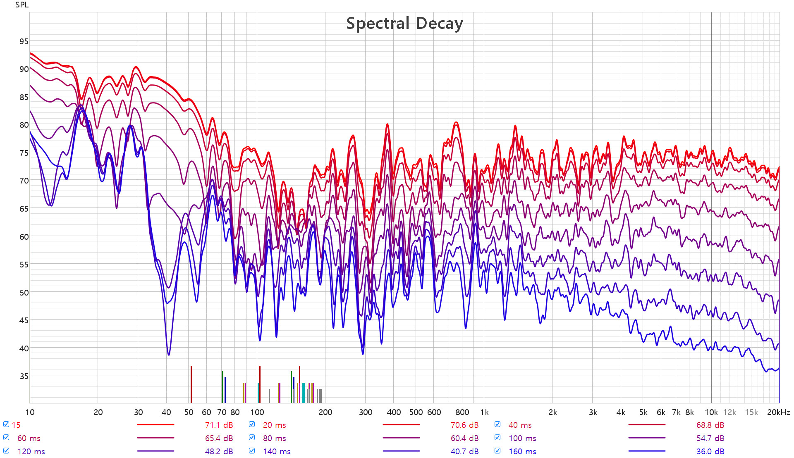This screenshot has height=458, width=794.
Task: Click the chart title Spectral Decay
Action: pyautogui.click(x=404, y=24)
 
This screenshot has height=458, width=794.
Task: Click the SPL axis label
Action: pyautogui.click(x=22, y=5)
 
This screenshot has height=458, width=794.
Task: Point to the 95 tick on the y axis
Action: pyautogui.click(x=24, y=41)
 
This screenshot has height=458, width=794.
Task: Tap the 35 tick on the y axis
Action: pyautogui.click(x=24, y=376)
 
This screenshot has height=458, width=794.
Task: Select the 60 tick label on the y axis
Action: pyautogui.click(x=24, y=237)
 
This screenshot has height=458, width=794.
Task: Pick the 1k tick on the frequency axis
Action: pyautogui.click(x=484, y=412)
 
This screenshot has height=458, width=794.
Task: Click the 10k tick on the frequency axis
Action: pyautogui.click(x=711, y=412)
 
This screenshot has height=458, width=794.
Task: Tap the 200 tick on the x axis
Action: pyautogui.click(x=325, y=412)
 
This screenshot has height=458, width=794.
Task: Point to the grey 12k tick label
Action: pyautogui.click(x=729, y=412)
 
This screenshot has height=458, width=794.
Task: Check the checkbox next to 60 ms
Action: pyautogui.click(x=6, y=438)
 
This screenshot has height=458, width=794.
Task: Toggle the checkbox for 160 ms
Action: pyautogui.click(x=497, y=451)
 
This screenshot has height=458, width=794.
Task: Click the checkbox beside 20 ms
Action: pyautogui.click(x=252, y=425)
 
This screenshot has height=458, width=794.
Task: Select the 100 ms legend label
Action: pyautogui.click(x=522, y=438)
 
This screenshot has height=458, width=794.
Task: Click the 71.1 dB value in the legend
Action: pyautogui.click(x=219, y=425)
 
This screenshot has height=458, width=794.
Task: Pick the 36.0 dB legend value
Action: pyautogui.click(x=710, y=451)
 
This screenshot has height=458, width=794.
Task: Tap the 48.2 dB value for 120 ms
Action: pyautogui.click(x=219, y=451)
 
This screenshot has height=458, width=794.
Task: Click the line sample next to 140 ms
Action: pyautogui.click(x=401, y=451)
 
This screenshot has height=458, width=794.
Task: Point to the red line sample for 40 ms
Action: pyautogui.click(x=646, y=425)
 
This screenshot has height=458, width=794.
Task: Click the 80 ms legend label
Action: pyautogui.click(x=274, y=438)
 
